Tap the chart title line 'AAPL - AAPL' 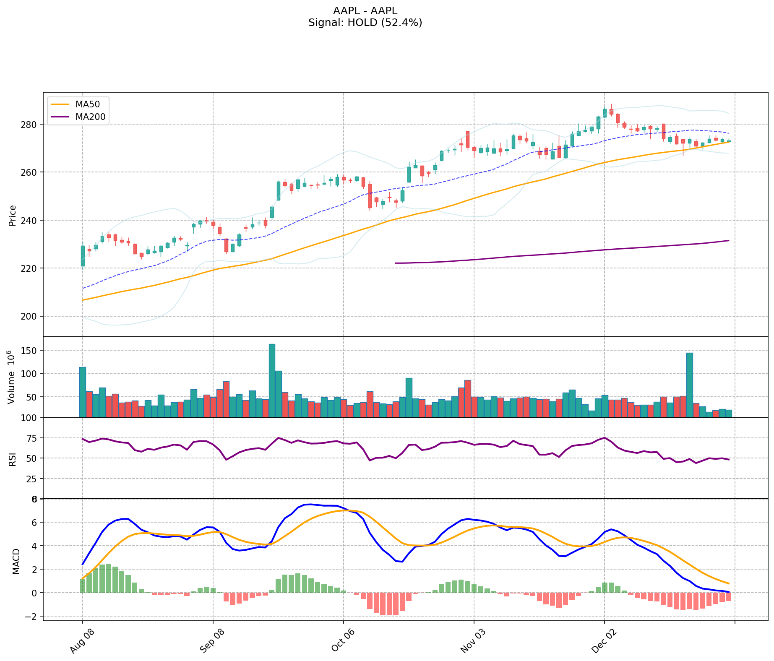(365, 11)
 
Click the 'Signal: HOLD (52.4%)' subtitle (365, 23)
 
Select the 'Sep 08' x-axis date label (209, 642)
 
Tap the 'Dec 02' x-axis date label (601, 642)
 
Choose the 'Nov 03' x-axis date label (470, 642)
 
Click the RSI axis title (13, 459)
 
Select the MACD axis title (16, 561)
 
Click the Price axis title (13, 216)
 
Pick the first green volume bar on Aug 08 (83, 392)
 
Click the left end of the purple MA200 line (396, 263)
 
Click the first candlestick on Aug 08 (83, 256)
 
